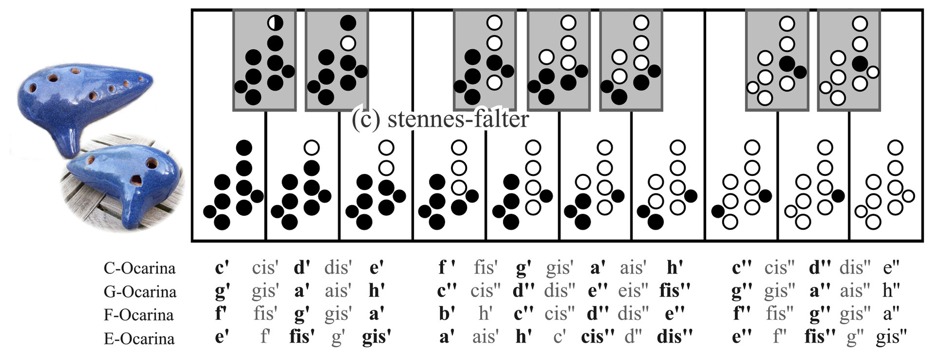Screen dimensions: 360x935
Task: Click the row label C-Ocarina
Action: pos(139,268)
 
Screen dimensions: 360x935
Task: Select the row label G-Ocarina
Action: pos(140,291)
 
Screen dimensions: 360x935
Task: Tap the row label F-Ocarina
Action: pos(139,315)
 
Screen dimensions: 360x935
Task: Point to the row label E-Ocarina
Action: pos(139,338)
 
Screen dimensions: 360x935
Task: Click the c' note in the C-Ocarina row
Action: pos(222,267)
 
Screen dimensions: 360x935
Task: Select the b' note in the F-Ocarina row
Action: pos(447,314)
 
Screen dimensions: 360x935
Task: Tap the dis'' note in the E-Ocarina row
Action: pos(674,337)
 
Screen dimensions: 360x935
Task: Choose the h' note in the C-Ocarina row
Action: pos(674,267)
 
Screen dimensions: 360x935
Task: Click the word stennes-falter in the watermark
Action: pos(458,119)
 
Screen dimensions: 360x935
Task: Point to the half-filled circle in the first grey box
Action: pos(275,22)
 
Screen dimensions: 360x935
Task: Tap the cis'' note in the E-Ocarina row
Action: pos(598,337)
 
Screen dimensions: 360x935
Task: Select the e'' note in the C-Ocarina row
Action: pos(891,267)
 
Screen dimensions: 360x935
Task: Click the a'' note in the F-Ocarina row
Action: pos(891,314)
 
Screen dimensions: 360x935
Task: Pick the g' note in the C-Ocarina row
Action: pos(524,268)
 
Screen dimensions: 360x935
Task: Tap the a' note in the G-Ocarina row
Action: pos(302,291)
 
